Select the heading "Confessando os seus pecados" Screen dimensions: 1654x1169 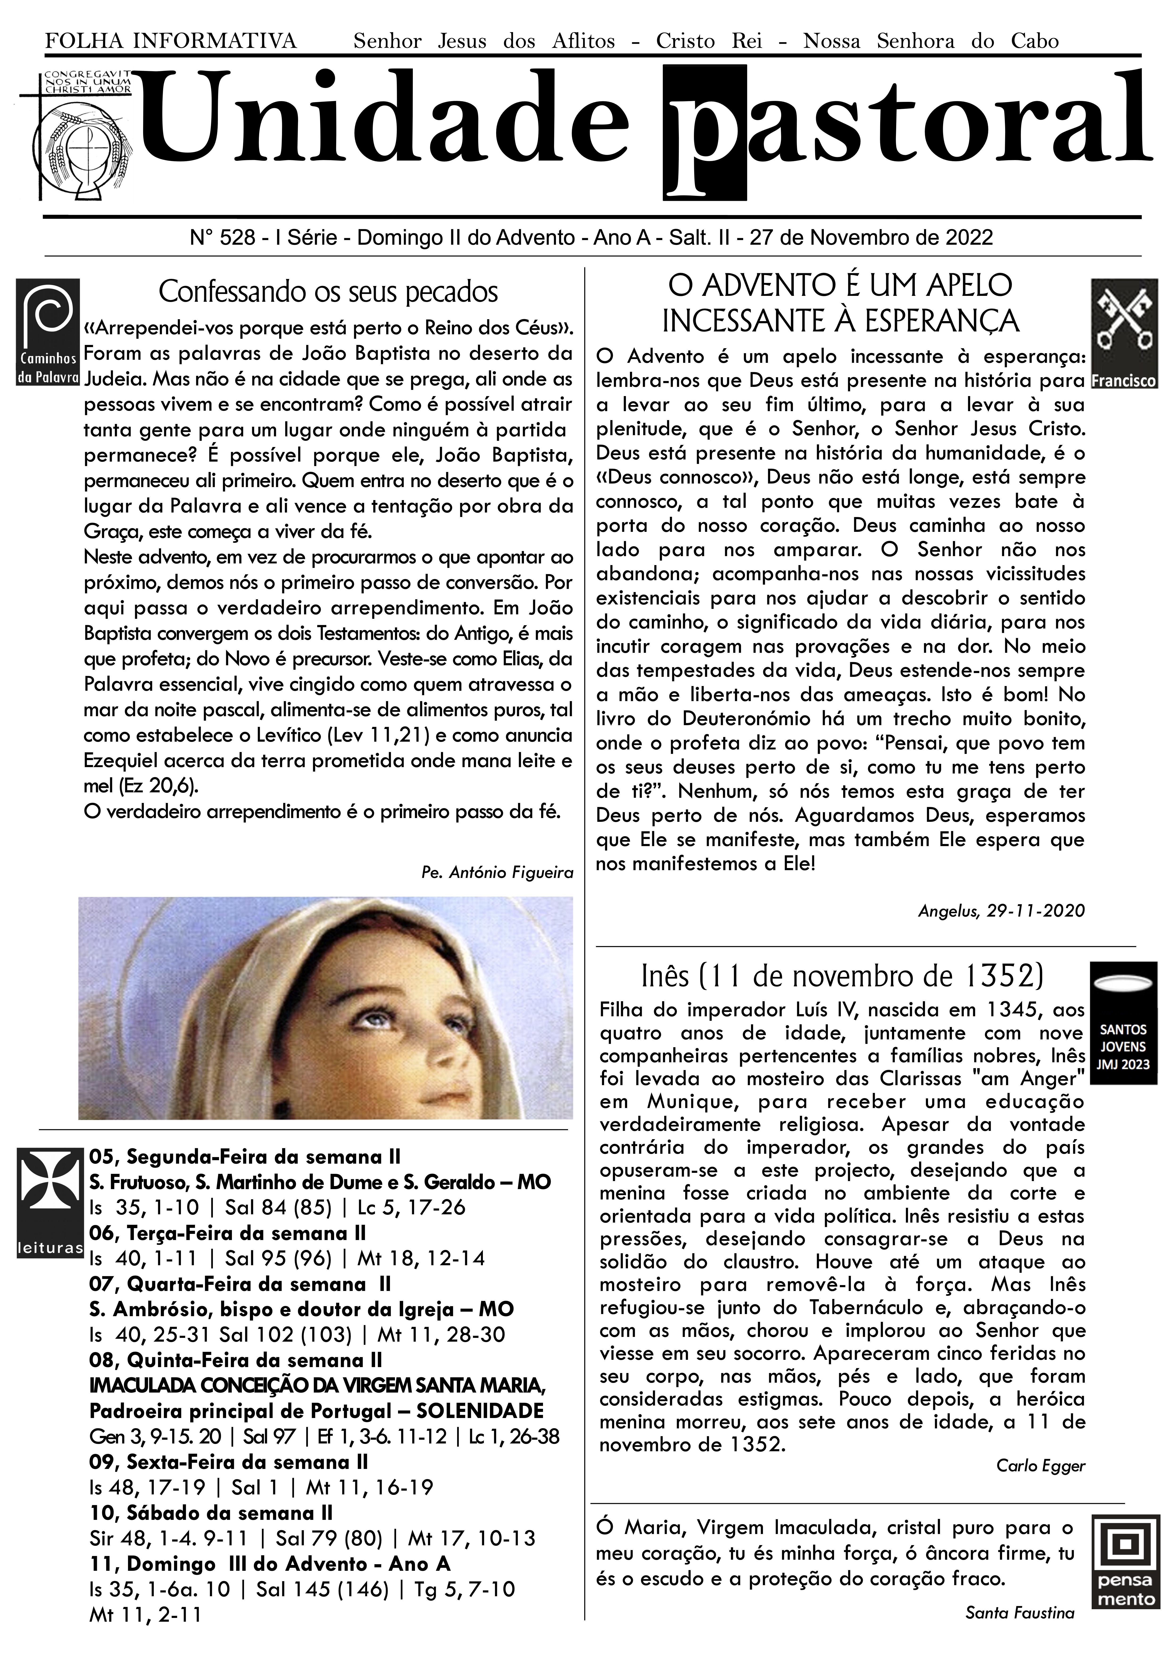click(328, 292)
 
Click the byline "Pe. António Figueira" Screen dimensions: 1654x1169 click(497, 872)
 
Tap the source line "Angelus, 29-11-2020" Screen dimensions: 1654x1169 click(1001, 910)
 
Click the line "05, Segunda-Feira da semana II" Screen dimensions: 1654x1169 click(245, 1157)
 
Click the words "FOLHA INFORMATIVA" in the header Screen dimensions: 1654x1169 click(171, 41)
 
